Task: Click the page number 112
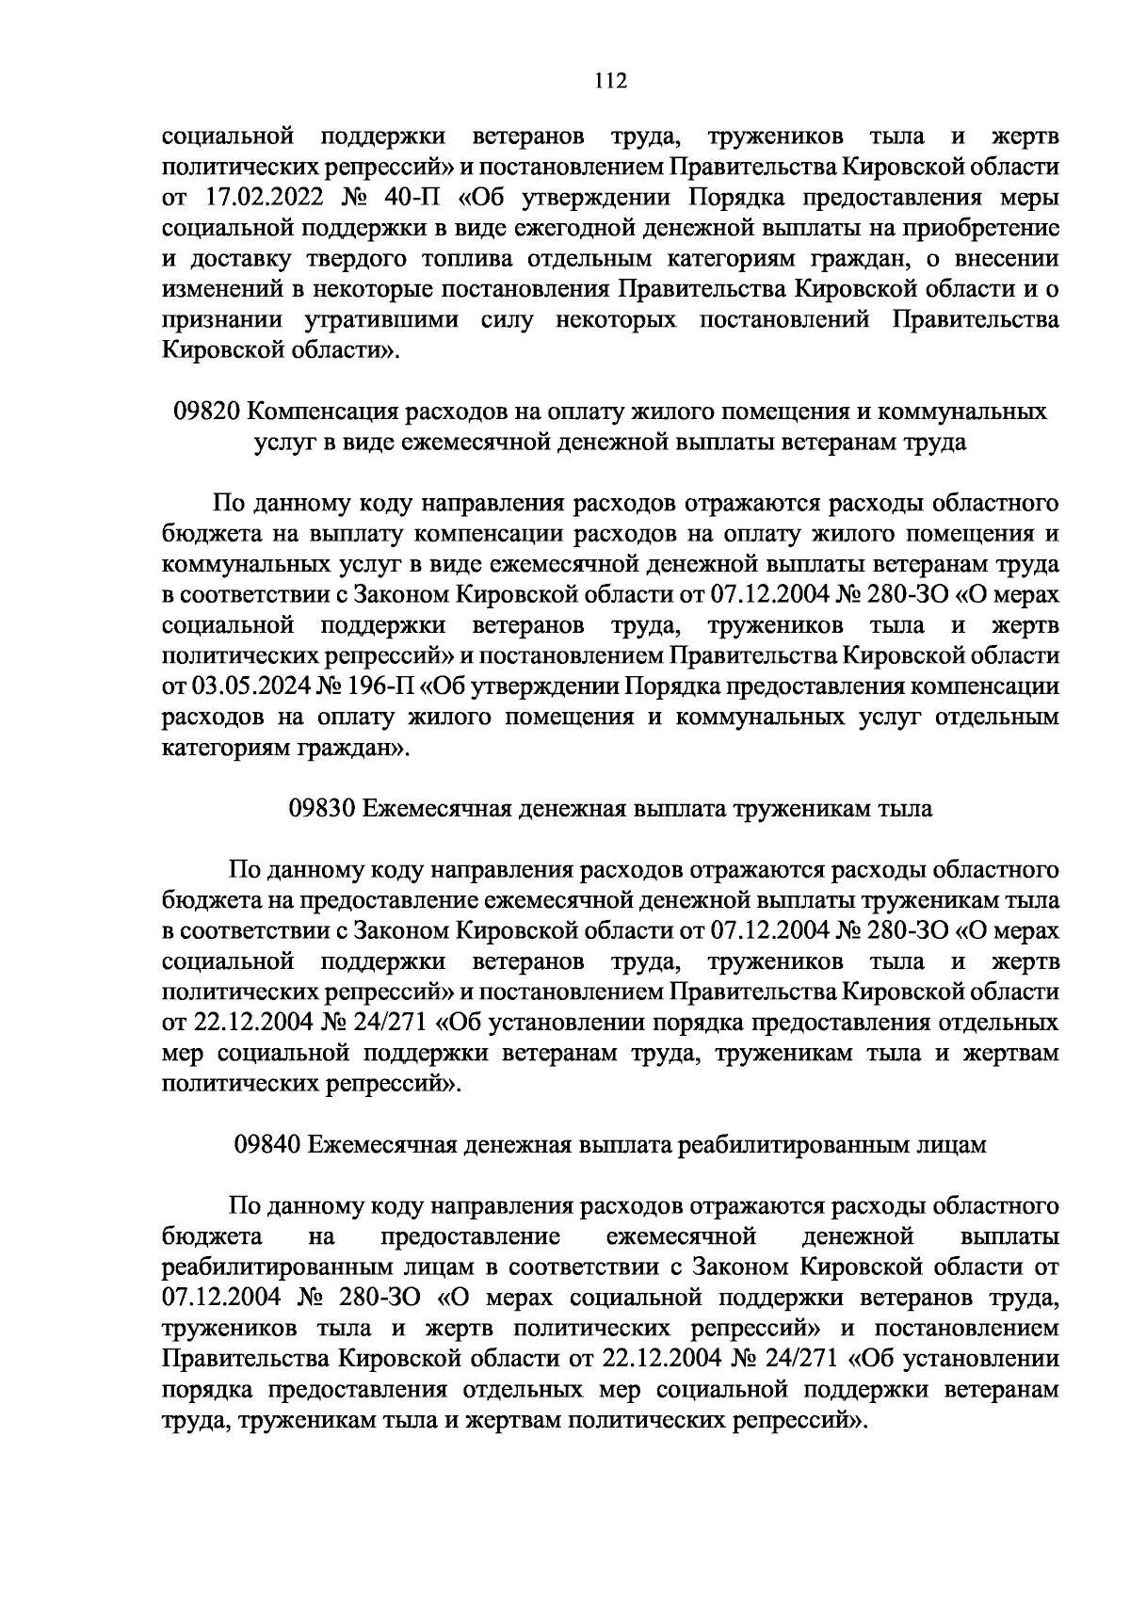[x=610, y=81]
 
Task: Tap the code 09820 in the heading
[x=210, y=412]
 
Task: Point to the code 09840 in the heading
[x=268, y=1144]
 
